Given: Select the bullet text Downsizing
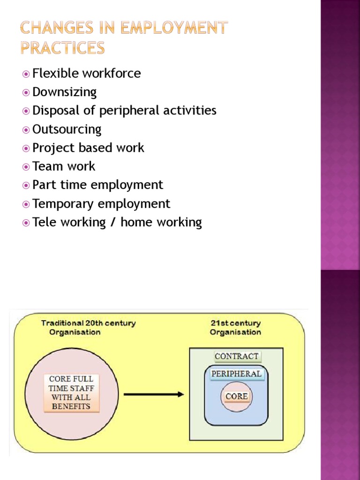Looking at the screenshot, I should pyautogui.click(x=64, y=92).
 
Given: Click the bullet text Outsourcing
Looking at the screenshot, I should pyautogui.click(x=67, y=129).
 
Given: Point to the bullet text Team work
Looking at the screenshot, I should pyautogui.click(x=64, y=166).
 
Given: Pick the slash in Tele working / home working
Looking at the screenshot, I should pyautogui.click(x=113, y=222).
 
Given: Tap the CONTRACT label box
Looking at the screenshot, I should pyautogui.click(x=237, y=356).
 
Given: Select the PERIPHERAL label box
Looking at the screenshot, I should pyautogui.click(x=236, y=374).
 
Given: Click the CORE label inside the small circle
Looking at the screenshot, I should pyautogui.click(x=237, y=397).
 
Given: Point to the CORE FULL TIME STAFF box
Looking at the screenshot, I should pyautogui.click(x=71, y=393).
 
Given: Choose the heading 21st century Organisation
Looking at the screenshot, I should pyautogui.click(x=235, y=328).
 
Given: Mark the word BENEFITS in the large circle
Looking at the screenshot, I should pyautogui.click(x=71, y=406).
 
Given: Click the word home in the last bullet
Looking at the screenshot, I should pyautogui.click(x=135, y=222).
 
